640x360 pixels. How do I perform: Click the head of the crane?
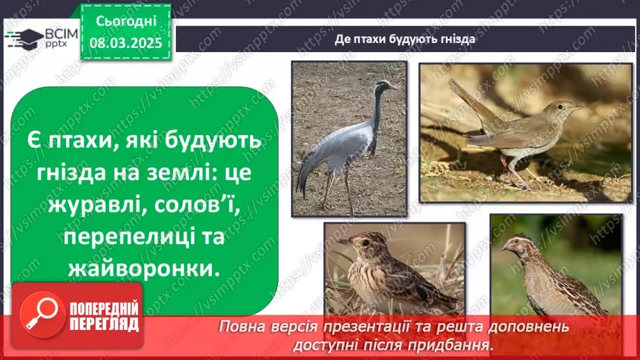(384, 86)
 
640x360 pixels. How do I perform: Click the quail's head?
(518, 243)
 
